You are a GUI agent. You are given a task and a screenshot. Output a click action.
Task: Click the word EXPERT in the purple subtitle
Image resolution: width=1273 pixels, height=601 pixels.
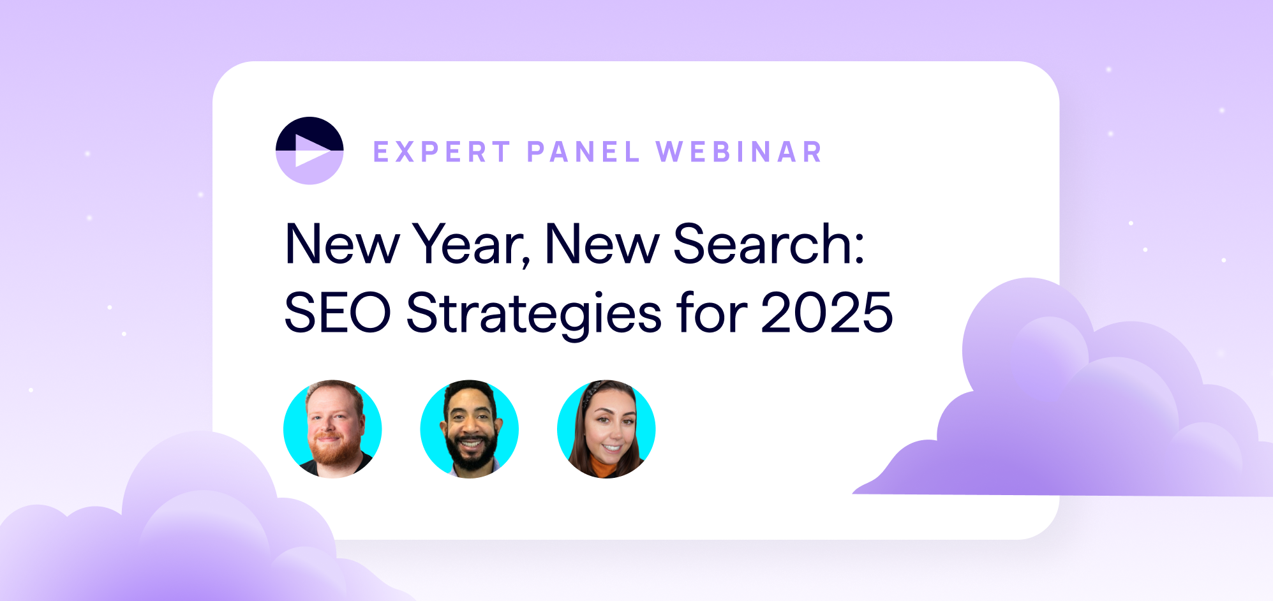442,152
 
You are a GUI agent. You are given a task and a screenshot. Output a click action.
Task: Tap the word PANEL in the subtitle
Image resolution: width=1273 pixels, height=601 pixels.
583,152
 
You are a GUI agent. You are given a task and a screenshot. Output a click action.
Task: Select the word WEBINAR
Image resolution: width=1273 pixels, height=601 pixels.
739,152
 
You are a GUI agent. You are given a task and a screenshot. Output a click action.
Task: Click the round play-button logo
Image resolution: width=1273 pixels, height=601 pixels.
309,151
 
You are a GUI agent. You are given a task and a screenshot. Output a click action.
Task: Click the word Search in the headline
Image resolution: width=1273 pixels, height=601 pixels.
762,244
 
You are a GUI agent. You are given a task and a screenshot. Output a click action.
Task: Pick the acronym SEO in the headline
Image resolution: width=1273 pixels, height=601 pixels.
337,313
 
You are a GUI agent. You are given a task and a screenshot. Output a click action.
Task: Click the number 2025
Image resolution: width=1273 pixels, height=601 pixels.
826,313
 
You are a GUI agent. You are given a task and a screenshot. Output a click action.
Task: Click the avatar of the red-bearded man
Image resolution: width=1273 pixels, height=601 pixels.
332,429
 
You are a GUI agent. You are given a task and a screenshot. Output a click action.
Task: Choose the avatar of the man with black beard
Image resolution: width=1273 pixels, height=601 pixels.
470,429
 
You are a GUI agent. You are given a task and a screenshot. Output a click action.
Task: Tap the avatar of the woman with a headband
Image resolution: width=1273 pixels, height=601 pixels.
606,429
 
